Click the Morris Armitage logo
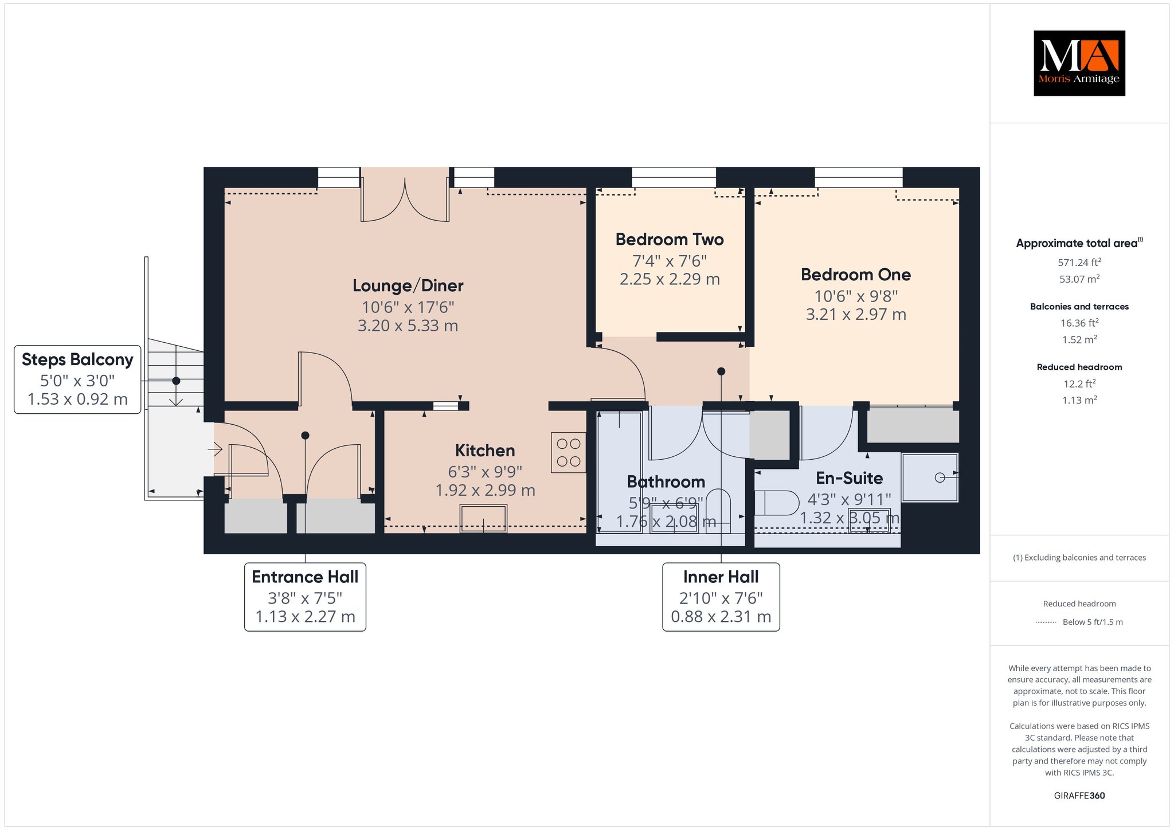tap(1079, 63)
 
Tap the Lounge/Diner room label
tap(408, 285)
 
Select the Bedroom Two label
tap(670, 240)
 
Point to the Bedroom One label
tap(856, 275)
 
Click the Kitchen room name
tap(485, 451)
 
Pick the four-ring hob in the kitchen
tap(569, 452)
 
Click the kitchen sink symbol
tap(483, 518)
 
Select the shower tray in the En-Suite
tap(930, 477)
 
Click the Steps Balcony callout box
tap(77, 379)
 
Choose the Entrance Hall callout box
tap(305, 597)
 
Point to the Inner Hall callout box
tap(721, 597)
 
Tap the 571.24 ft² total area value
tap(1079, 263)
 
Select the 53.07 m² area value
tap(1079, 279)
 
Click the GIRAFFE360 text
tap(1079, 796)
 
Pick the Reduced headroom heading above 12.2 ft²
tap(1079, 367)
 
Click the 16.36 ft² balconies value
tap(1079, 323)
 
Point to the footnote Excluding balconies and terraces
tap(1079, 557)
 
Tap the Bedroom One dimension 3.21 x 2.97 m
tap(856, 314)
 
